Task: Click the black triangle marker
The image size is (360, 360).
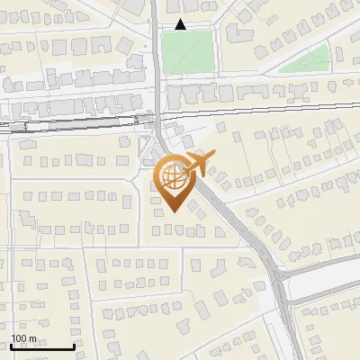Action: click(181, 25)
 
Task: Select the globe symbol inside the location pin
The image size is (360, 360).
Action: click(174, 175)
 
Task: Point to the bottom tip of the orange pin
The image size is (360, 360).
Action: click(173, 211)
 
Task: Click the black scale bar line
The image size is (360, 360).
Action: click(41, 347)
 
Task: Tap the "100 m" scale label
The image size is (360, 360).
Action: click(23, 338)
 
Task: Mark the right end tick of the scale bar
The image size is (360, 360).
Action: click(73, 346)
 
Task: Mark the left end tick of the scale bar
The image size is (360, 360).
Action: click(10, 346)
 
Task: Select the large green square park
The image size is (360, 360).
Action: click(189, 52)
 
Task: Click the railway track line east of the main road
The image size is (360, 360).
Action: click(270, 108)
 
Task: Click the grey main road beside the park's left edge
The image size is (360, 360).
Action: click(157, 54)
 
